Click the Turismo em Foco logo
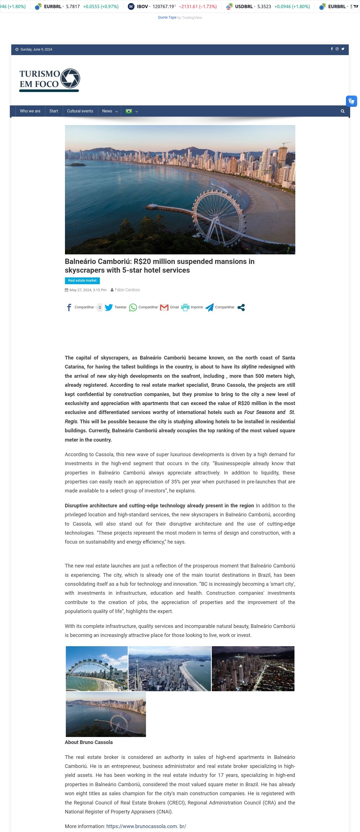(49, 80)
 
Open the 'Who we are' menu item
(30, 111)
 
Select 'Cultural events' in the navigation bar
(80, 111)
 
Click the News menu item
(107, 111)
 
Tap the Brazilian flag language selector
(129, 111)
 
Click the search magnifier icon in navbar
(343, 111)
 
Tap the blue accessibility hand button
(351, 101)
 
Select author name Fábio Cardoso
(127, 290)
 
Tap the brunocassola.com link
(146, 826)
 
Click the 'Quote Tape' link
(167, 17)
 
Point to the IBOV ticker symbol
(142, 6)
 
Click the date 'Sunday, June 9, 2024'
(36, 49)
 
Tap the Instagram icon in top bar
(337, 49)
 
